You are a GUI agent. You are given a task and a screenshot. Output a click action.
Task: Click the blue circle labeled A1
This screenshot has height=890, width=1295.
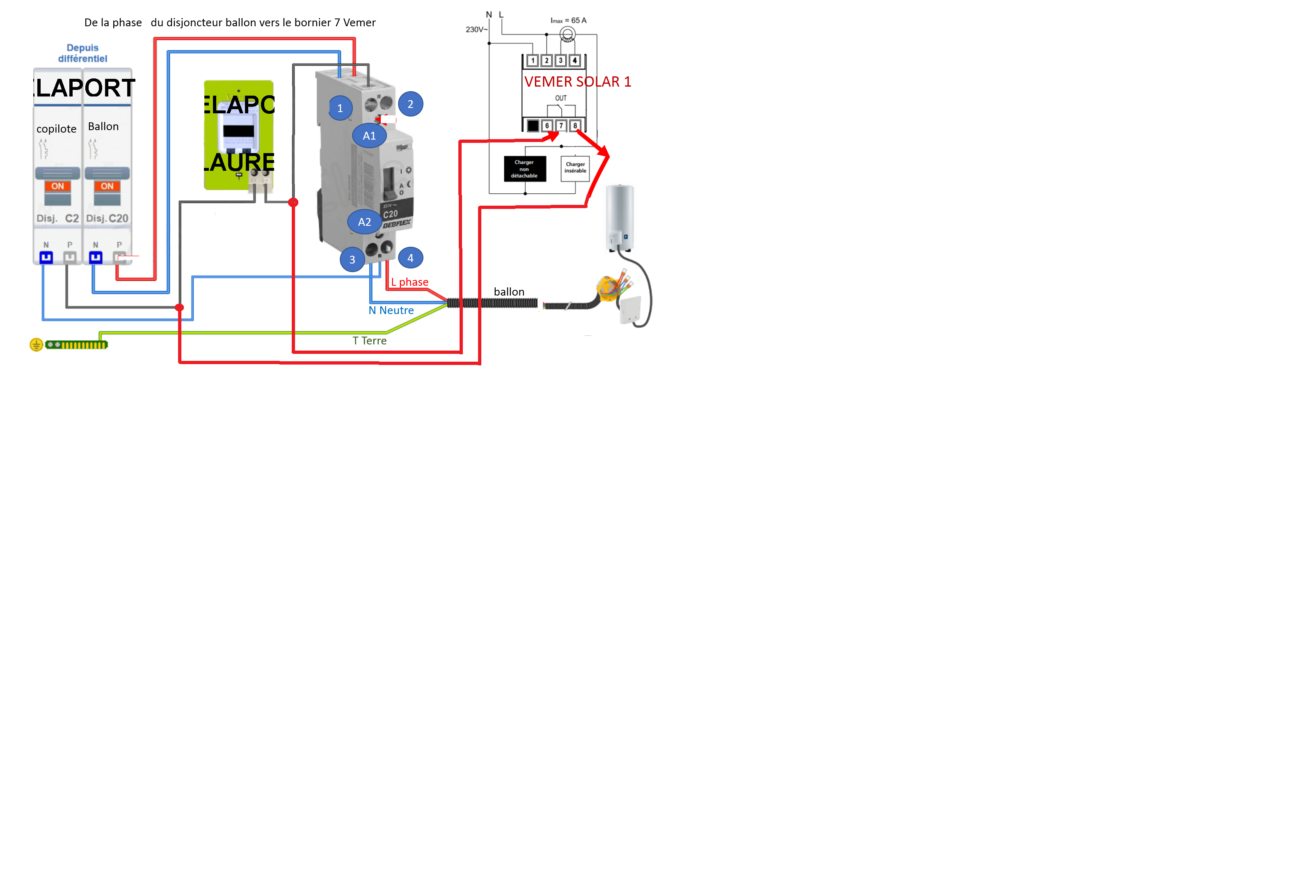click(x=369, y=135)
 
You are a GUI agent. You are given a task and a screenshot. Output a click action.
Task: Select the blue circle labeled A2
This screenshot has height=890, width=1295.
click(x=364, y=222)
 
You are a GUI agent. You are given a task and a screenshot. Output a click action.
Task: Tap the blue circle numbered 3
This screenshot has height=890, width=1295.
click(x=352, y=259)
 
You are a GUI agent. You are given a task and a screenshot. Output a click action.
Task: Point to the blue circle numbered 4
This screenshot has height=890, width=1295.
click(x=411, y=258)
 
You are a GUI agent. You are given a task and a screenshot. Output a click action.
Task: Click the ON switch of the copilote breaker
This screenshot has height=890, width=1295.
click(x=57, y=186)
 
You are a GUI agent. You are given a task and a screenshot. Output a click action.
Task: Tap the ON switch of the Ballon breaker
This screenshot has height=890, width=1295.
click(x=107, y=186)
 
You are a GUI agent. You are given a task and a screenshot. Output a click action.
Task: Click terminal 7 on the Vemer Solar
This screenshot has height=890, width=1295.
click(x=561, y=126)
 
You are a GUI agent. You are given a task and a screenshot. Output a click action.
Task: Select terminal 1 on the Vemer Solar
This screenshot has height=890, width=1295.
click(x=533, y=60)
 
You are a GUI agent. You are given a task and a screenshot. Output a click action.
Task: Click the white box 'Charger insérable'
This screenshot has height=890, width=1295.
click(x=575, y=168)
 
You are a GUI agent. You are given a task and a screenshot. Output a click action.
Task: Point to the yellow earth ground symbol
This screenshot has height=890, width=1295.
click(x=36, y=344)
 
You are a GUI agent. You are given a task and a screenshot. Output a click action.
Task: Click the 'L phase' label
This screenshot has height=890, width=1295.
click(x=410, y=282)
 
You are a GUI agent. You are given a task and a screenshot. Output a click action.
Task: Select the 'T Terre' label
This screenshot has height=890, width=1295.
click(x=369, y=341)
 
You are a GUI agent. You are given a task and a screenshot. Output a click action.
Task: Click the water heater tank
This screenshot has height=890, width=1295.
click(x=620, y=218)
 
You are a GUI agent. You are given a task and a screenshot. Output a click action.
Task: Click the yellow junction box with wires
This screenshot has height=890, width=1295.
click(x=609, y=288)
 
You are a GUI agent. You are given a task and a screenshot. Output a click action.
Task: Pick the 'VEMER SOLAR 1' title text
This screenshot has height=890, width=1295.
click(x=577, y=82)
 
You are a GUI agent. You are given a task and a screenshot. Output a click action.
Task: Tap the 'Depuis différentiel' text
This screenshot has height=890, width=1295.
click(x=82, y=53)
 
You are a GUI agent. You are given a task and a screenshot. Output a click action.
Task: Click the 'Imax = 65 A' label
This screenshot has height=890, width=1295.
click(x=568, y=21)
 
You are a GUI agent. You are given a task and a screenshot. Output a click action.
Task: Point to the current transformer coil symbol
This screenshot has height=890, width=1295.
click(x=567, y=34)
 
